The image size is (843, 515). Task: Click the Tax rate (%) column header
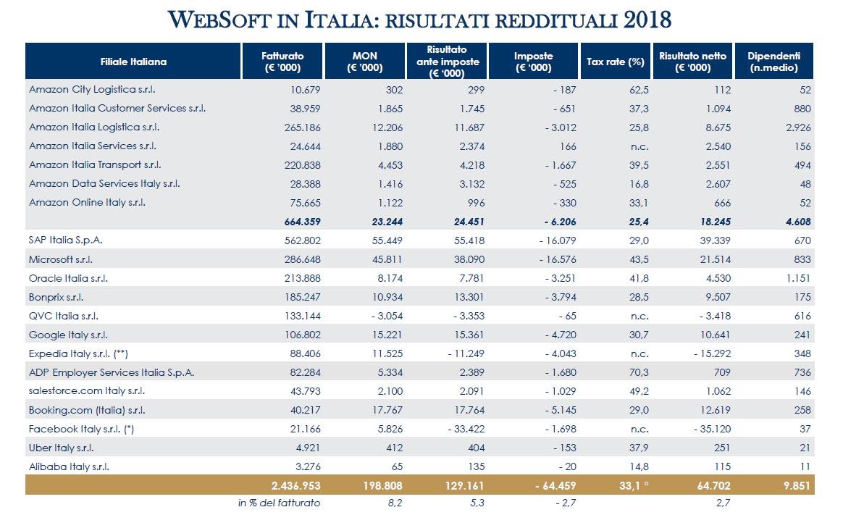(615, 62)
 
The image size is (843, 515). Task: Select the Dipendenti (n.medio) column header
(773, 62)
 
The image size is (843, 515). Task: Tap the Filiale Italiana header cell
(133, 62)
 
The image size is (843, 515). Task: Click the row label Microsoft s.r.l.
(61, 259)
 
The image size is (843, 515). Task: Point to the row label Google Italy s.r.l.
(68, 335)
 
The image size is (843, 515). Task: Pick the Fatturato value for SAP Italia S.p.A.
(303, 240)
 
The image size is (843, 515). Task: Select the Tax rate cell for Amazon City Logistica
(639, 90)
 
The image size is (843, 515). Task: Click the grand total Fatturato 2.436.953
(295, 485)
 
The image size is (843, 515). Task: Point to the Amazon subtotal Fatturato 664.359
(302, 222)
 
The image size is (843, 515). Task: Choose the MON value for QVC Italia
(387, 316)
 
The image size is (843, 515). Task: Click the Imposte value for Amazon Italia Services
(568, 146)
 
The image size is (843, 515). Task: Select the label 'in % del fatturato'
(279, 503)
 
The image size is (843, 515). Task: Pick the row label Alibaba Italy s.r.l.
(69, 466)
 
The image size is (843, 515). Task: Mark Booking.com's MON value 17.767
(387, 410)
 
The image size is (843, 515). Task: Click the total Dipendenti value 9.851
(797, 485)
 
